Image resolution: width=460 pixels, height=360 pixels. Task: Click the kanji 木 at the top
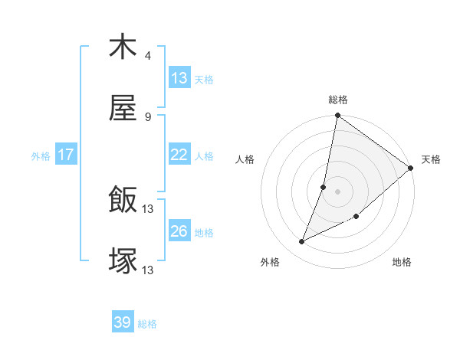123,47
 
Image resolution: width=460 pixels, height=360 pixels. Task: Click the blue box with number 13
179,78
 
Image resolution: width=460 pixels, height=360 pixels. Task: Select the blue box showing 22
179,155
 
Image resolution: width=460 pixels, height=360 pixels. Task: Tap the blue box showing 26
179,231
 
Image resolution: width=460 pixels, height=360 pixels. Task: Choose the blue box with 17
66,155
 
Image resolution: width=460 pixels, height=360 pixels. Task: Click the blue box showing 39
123,323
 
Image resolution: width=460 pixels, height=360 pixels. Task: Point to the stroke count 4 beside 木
148,56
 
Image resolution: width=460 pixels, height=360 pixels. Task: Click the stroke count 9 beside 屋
148,117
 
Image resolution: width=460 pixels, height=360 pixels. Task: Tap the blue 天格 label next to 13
204,79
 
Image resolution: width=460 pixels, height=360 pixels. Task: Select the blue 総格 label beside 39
147,324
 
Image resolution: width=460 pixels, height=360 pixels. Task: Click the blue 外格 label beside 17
41,155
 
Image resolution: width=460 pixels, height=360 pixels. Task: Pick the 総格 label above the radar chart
338,100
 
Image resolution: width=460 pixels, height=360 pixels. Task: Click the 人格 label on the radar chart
246,159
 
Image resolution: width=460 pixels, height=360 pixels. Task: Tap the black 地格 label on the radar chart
402,263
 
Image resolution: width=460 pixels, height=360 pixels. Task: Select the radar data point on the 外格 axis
302,242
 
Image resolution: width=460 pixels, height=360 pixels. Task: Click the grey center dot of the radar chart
338,191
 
